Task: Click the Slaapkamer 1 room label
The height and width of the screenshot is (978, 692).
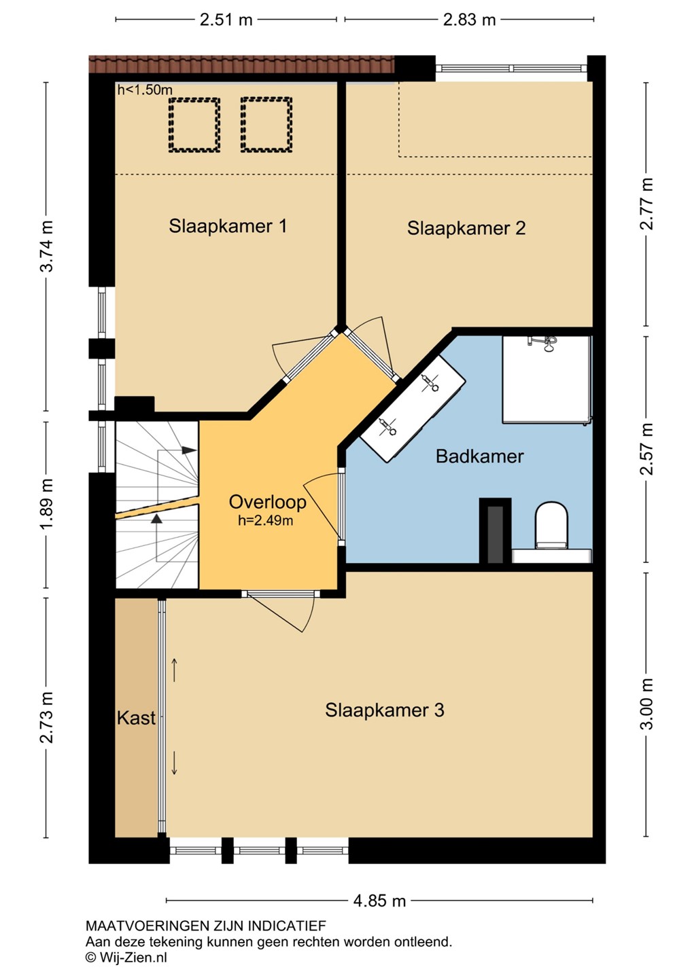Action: click(x=228, y=226)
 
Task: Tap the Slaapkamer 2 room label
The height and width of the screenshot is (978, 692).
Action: click(x=466, y=228)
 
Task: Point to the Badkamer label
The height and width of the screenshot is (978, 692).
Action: click(x=480, y=456)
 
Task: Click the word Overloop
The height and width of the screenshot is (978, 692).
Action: click(x=267, y=502)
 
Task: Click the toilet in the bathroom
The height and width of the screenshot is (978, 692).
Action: click(x=551, y=525)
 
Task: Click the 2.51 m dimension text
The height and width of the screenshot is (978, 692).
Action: click(x=226, y=20)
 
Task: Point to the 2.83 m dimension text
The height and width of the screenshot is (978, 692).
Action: click(x=469, y=20)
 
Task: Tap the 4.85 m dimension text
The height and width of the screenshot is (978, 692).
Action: click(x=379, y=901)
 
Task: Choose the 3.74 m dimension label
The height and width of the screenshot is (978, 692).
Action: click(x=47, y=247)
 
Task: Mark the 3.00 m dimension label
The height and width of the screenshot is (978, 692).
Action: click(x=646, y=704)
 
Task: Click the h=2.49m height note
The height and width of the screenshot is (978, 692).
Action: click(x=266, y=520)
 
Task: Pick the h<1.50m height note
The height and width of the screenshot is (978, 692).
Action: click(x=145, y=90)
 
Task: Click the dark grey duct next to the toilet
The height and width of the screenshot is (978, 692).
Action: click(x=495, y=534)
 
